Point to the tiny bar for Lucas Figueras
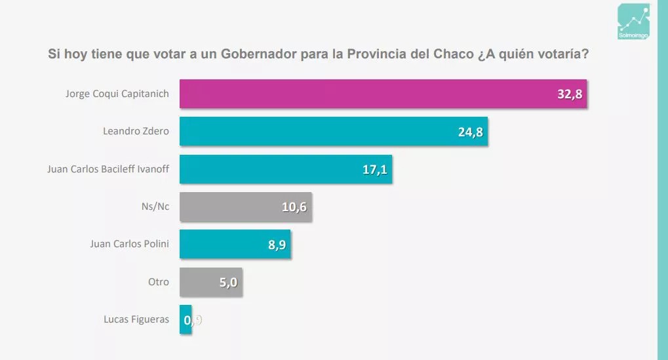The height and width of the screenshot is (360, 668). (185, 319)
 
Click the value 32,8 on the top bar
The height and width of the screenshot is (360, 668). (570, 94)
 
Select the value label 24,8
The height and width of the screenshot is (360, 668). (471, 132)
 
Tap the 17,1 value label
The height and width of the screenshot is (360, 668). (374, 170)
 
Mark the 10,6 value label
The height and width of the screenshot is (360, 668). (294, 207)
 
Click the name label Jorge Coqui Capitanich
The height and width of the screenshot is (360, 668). (117, 94)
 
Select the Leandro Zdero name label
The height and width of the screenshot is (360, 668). (136, 131)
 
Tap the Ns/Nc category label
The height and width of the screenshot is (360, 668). (155, 207)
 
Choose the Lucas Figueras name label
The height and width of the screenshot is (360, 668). (136, 319)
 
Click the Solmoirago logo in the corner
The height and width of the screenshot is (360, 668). (633, 22)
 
